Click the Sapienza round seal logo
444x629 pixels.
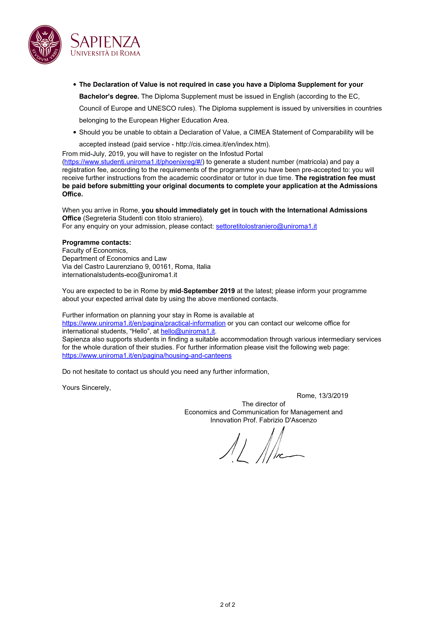click(45, 45)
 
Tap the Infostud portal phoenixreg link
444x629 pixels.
click(133, 162)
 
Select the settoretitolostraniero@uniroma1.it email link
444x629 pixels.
click(266, 226)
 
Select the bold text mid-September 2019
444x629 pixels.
click(202, 291)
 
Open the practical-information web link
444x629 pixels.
click(144, 323)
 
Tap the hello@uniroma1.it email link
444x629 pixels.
click(188, 331)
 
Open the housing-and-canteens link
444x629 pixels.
click(147, 356)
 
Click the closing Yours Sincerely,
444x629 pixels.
click(86, 388)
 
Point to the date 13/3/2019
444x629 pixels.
click(333, 396)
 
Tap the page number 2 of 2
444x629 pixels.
click(228, 605)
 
